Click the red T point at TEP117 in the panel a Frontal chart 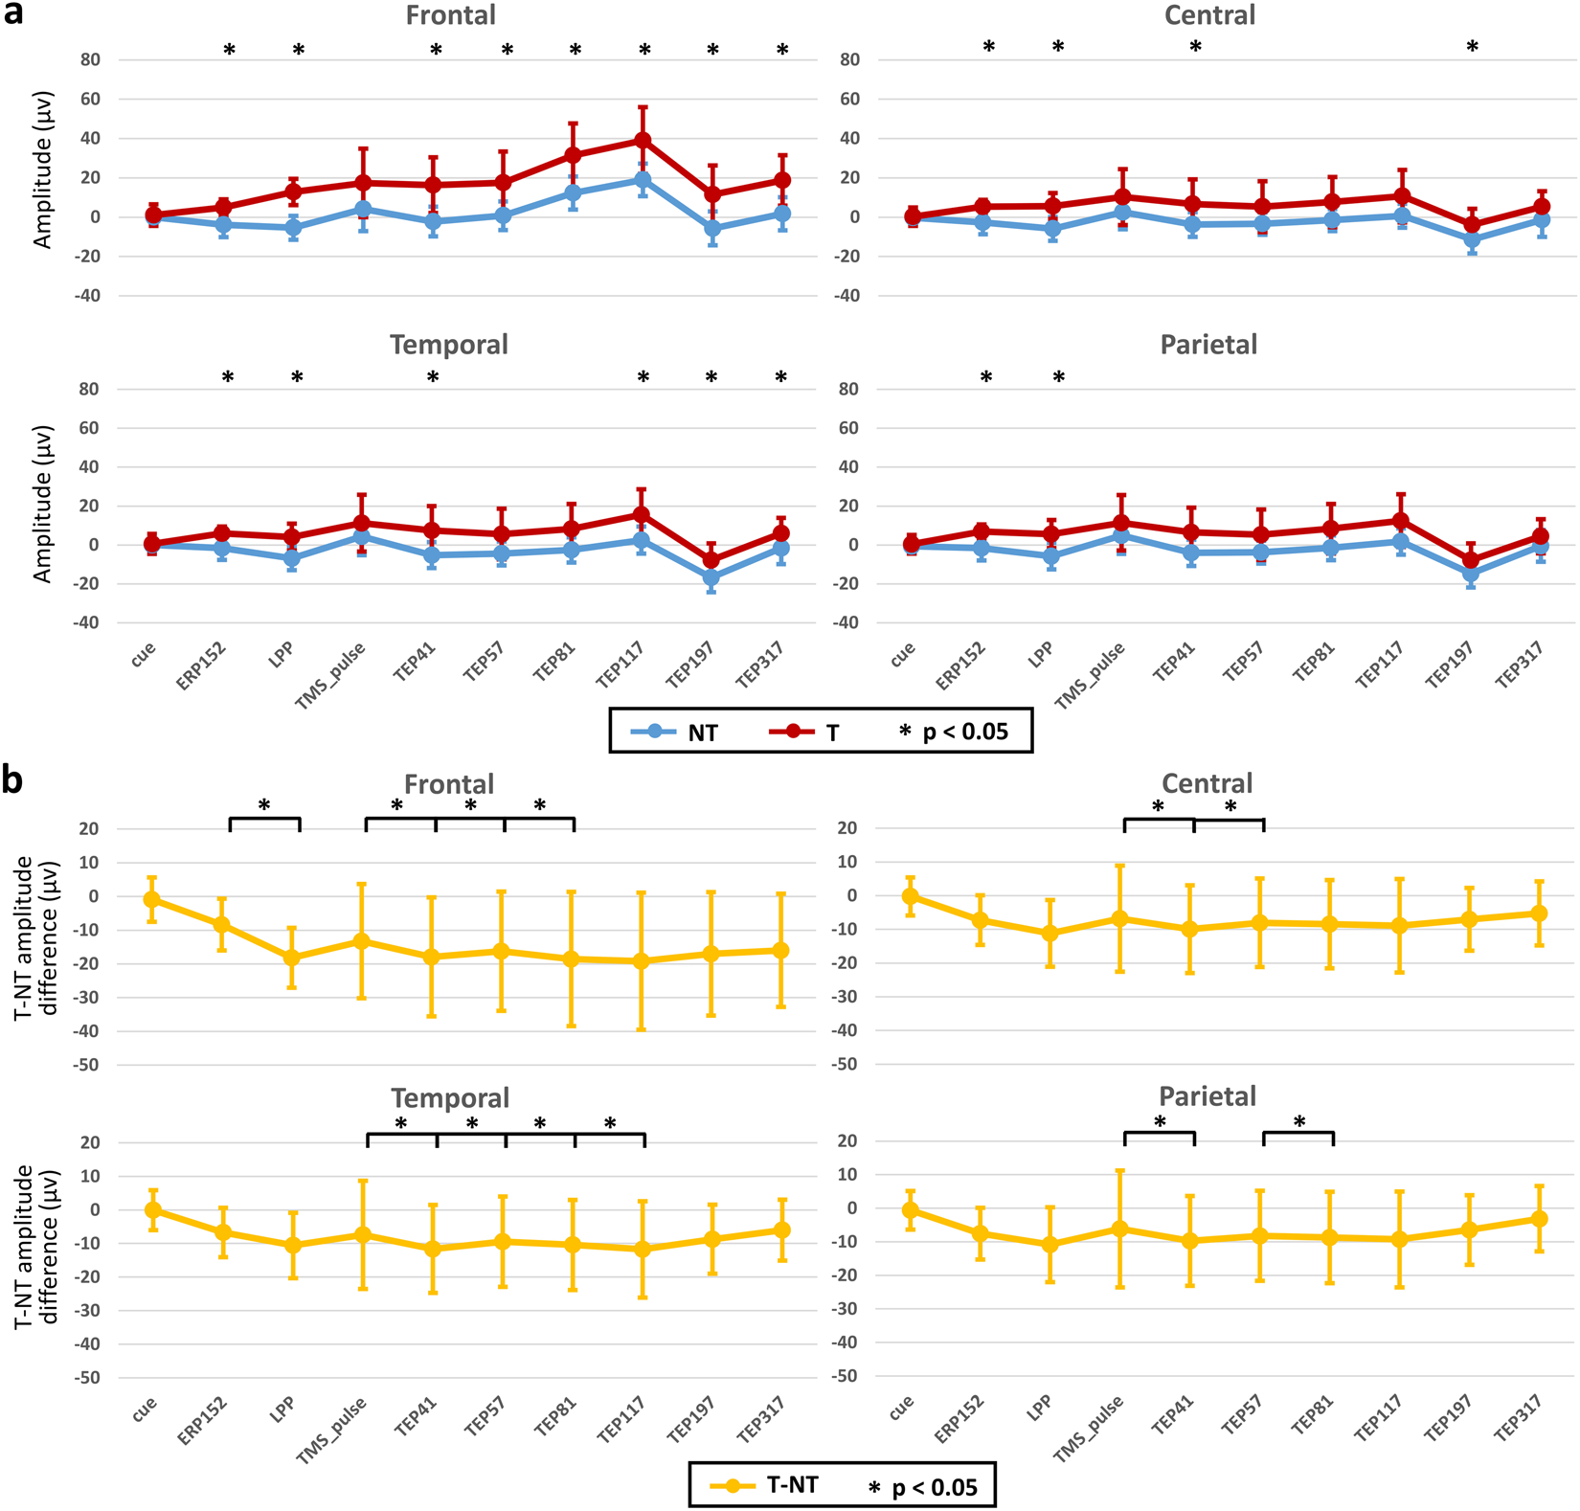click(643, 141)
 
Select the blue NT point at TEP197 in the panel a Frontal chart click(712, 229)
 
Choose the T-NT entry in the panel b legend click(766, 1485)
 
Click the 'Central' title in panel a click(1209, 15)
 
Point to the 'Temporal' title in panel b click(450, 1097)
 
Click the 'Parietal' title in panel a click(1208, 345)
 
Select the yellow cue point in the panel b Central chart click(911, 896)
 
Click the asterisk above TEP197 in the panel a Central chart click(1473, 47)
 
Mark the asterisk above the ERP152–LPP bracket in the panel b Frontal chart click(264, 806)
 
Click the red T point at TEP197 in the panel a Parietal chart click(1471, 561)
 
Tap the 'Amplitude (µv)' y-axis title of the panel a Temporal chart click(41, 504)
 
